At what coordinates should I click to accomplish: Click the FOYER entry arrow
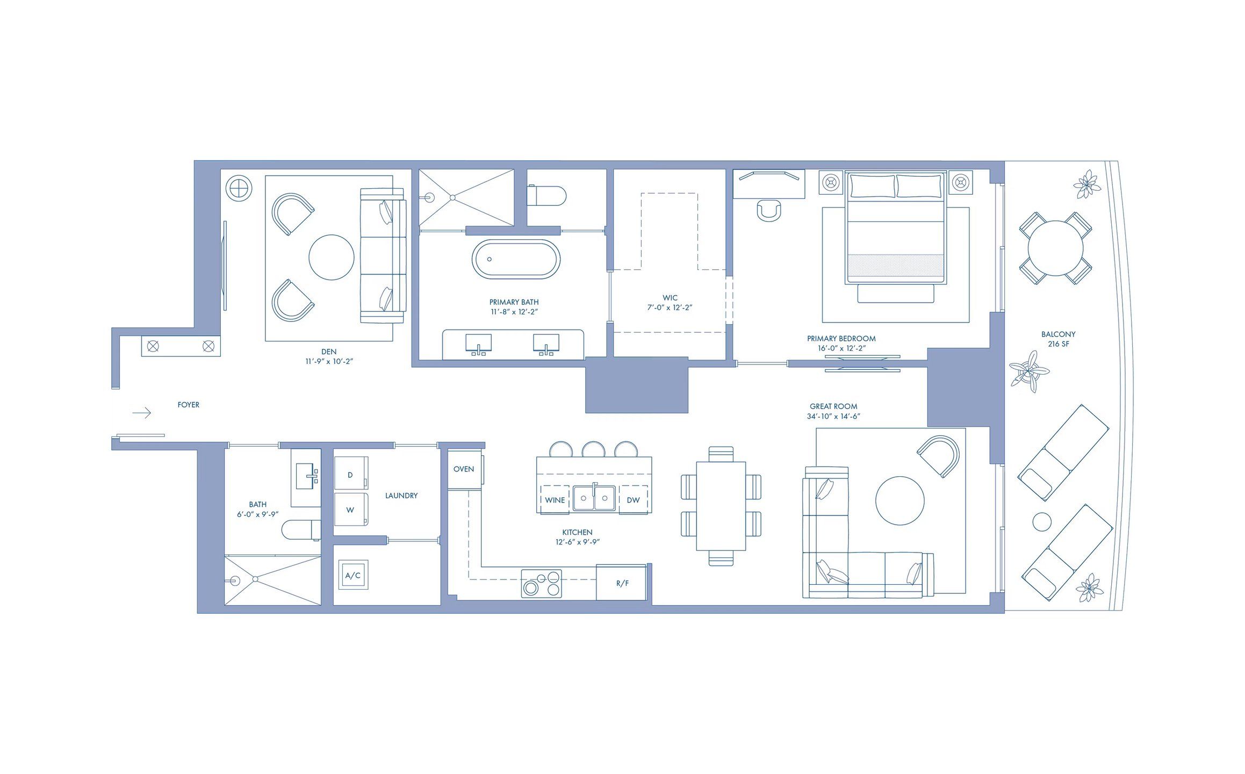pos(142,413)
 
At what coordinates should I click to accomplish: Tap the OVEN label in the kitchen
pos(464,469)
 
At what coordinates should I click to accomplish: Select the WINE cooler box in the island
pos(555,500)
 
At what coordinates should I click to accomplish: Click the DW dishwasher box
pos(633,500)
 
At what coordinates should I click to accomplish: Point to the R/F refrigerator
pos(622,583)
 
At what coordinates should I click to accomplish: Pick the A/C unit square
pos(353,576)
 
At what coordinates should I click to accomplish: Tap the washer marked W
pos(351,510)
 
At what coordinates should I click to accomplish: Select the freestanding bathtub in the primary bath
pos(516,259)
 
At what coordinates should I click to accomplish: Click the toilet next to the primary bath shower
pos(546,196)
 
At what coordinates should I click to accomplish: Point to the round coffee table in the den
pos(332,257)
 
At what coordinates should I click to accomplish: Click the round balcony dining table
pos(1055,248)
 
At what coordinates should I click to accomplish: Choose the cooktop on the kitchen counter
pos(542,584)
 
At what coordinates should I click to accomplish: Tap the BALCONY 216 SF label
pos(1058,339)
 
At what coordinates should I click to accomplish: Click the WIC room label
pos(670,298)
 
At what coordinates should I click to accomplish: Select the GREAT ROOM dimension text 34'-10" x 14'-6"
pos(833,417)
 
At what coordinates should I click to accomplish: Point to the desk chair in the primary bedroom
pos(769,210)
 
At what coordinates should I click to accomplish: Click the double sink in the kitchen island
pos(594,498)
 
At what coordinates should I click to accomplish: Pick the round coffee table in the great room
pos(900,500)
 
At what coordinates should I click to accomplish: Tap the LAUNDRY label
pos(401,496)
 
